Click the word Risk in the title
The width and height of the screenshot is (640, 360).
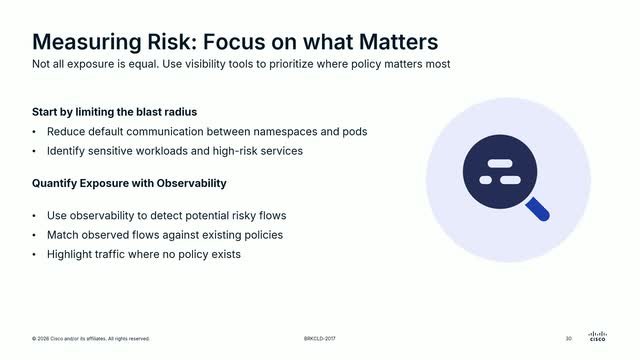point(170,42)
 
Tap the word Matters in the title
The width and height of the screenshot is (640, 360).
point(398,42)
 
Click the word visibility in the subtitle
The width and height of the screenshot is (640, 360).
point(205,64)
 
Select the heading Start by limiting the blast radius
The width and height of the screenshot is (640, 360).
point(114,112)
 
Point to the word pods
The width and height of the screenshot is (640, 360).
point(355,132)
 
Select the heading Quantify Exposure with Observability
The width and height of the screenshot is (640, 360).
point(129,183)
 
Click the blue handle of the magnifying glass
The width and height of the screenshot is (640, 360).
point(537,209)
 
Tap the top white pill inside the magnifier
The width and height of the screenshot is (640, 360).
point(500,163)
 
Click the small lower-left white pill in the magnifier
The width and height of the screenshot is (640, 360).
point(486,180)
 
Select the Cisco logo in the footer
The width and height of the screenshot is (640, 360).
point(598,336)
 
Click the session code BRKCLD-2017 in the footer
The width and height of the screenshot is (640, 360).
point(320,339)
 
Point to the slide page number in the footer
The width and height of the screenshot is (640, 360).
point(569,339)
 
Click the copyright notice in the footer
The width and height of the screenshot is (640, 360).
point(91,339)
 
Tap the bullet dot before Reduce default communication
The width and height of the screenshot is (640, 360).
point(34,132)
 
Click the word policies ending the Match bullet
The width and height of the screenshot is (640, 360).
point(263,235)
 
